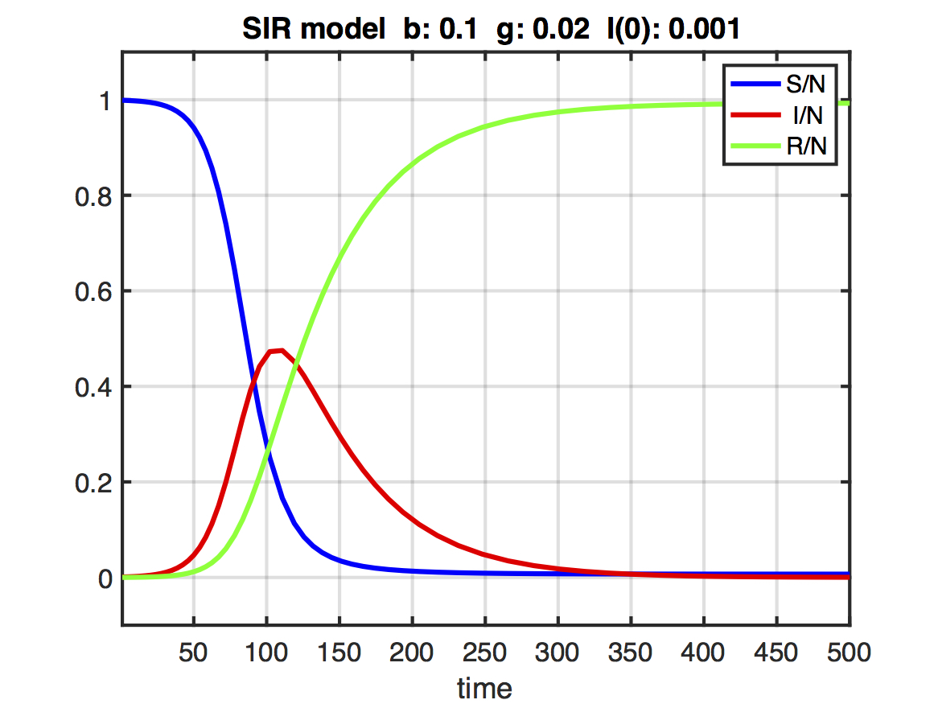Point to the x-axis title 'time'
tap(484, 688)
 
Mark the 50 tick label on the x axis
tap(194, 652)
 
